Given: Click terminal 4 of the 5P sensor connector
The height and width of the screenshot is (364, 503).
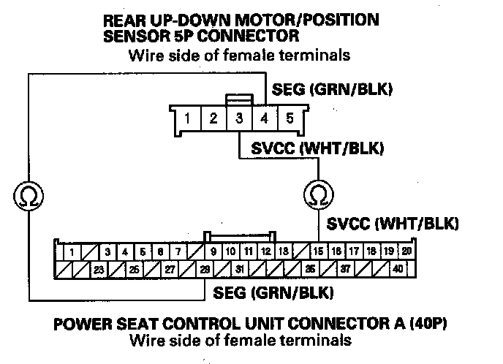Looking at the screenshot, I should (264, 118).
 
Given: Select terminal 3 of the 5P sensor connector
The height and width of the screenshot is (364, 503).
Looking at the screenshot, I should (238, 118).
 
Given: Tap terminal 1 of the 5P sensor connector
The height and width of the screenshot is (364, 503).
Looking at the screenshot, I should (188, 118).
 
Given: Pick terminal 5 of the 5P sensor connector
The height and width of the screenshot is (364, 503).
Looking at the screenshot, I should (289, 118).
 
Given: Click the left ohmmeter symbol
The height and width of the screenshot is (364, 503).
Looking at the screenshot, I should (29, 194).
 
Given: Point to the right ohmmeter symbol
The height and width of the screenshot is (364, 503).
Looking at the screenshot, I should (318, 194).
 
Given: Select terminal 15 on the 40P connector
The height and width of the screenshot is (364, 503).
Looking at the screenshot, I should (319, 251).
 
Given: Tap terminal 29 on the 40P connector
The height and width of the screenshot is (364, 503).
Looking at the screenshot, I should (205, 268).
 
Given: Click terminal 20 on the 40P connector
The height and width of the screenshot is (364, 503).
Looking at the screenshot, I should (406, 251).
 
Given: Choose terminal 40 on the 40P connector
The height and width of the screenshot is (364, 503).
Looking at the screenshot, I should (397, 268).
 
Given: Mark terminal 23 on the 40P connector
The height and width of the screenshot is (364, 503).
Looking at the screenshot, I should (97, 268).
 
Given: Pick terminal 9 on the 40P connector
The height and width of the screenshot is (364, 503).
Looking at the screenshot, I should (213, 251).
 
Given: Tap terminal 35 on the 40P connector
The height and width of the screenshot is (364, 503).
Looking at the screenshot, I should (310, 268).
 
